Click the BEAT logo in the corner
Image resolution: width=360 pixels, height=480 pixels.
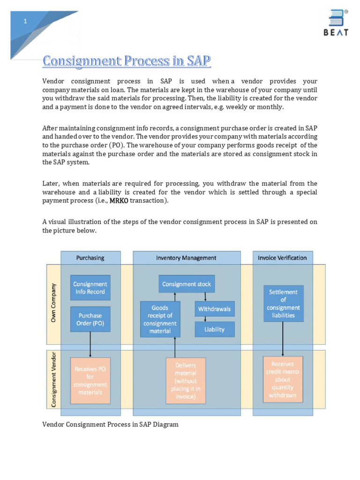335,22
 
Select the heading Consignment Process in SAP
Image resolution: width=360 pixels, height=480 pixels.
127,61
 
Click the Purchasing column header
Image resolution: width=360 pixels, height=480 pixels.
90,258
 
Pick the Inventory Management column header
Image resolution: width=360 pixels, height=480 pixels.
186,258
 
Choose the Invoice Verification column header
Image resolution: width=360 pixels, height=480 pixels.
282,258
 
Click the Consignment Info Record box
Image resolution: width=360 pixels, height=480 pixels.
90,288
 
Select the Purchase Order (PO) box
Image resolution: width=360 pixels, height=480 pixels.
90,319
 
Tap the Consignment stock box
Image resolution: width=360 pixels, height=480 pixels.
186,284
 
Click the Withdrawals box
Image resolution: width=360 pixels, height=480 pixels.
214,309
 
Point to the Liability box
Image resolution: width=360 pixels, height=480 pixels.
214,330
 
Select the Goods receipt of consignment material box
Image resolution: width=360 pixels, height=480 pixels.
160,320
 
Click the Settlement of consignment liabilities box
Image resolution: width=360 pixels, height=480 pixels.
283,303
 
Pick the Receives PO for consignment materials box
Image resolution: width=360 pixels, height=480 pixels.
90,381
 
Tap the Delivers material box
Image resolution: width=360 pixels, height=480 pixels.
186,381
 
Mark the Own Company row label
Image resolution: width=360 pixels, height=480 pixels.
53,303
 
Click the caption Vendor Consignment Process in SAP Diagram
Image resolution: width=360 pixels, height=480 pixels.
110,424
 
